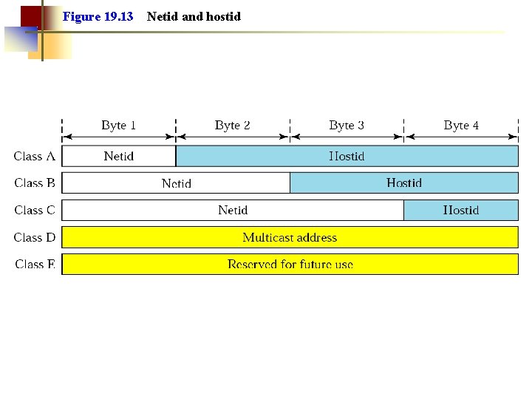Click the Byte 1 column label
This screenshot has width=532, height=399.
pyautogui.click(x=118, y=126)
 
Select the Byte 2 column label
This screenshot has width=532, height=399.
pyautogui.click(x=232, y=126)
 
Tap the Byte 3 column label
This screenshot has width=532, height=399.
pyautogui.click(x=347, y=126)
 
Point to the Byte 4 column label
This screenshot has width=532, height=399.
pyautogui.click(x=461, y=126)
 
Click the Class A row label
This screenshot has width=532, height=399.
pyautogui.click(x=34, y=156)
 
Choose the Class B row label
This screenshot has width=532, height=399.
pyautogui.click(x=34, y=183)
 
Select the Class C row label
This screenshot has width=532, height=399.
pyautogui.click(x=34, y=210)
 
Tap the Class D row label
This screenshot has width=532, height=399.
pyautogui.click(x=34, y=237)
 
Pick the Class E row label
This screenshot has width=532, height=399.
pyautogui.click(x=34, y=264)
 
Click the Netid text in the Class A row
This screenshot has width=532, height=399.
pyautogui.click(x=118, y=156)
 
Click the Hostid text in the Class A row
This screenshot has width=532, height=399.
pyautogui.click(x=347, y=156)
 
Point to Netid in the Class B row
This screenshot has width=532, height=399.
pyautogui.click(x=176, y=183)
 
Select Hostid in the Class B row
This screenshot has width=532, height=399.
pyautogui.click(x=404, y=183)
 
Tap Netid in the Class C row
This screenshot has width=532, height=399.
pyautogui.click(x=233, y=210)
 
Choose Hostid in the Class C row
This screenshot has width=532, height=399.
pyautogui.click(x=461, y=210)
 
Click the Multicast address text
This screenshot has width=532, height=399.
pyautogui.click(x=290, y=237)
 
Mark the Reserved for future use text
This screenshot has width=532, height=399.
pyautogui.click(x=290, y=264)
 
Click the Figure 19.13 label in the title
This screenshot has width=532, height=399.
pyautogui.click(x=98, y=16)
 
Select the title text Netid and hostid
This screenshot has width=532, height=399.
pyautogui.click(x=194, y=16)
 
